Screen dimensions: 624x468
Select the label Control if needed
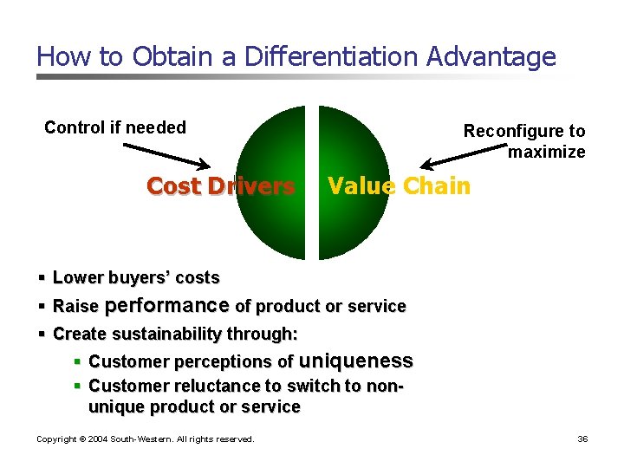click(x=115, y=128)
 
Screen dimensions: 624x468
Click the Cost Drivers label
click(x=221, y=186)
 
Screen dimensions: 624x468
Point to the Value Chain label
click(x=400, y=185)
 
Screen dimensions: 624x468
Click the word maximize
click(x=547, y=153)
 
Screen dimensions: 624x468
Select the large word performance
click(x=166, y=305)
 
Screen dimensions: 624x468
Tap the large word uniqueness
click(x=355, y=361)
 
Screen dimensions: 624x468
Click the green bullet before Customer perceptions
click(x=77, y=361)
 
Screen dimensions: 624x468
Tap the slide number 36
click(x=582, y=439)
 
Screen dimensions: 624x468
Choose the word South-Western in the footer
click(x=140, y=439)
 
